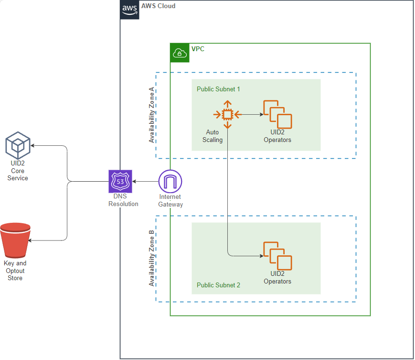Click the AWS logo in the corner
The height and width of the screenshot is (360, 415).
[x=129, y=10]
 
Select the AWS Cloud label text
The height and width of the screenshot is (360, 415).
[x=158, y=6]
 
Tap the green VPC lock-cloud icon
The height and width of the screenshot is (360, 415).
[x=180, y=53]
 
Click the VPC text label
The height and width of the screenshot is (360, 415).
[x=198, y=49]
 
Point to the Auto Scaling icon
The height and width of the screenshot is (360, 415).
[x=227, y=114]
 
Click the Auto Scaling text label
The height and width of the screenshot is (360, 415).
[x=213, y=136]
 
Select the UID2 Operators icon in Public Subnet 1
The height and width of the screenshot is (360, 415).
[x=277, y=114]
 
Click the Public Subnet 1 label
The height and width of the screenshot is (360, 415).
[x=218, y=89]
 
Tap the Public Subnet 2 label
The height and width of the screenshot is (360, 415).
[x=218, y=285]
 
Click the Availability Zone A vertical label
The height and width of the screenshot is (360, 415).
[x=152, y=115]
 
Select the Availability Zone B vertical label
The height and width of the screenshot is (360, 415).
[x=152, y=259]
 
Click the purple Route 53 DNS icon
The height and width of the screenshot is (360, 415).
[x=120, y=181]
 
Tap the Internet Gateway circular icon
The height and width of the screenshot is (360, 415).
[x=170, y=181]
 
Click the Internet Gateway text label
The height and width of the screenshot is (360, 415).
[x=170, y=201]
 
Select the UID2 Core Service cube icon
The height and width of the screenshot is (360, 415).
[x=18, y=146]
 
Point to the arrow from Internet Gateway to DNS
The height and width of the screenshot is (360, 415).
[x=145, y=182]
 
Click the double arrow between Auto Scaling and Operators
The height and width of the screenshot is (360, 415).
[x=249, y=114]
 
